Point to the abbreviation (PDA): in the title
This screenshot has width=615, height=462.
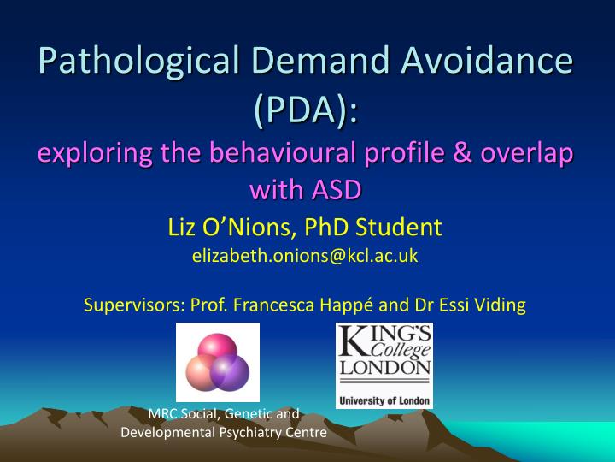click(x=307, y=110)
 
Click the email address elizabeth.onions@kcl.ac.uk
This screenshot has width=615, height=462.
click(x=307, y=254)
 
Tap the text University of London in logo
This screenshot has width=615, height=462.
click(x=384, y=400)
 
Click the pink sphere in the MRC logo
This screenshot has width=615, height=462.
click(x=218, y=346)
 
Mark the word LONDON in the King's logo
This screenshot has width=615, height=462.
click(x=384, y=368)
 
